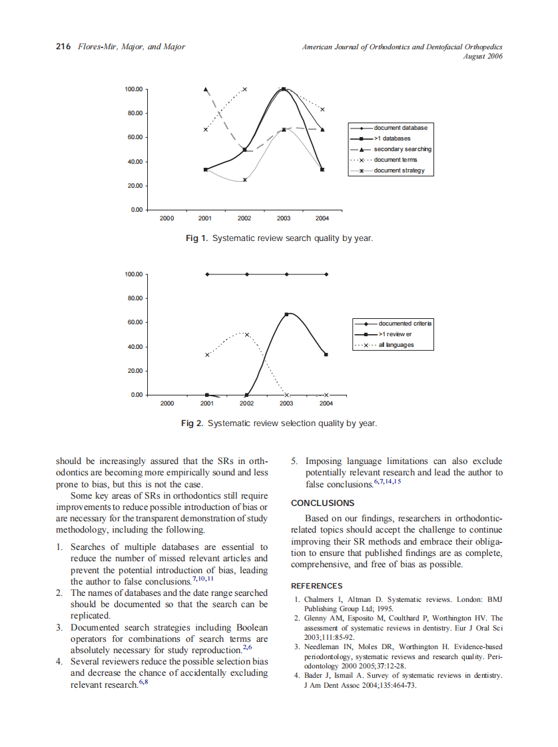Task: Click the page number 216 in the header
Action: pos(63,47)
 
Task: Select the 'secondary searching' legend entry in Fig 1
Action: pos(402,149)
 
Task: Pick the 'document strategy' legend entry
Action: pos(399,170)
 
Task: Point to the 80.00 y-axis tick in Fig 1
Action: pos(133,113)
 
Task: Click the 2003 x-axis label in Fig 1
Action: pos(284,218)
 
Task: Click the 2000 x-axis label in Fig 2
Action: pos(167,403)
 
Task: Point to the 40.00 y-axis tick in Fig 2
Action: pos(133,347)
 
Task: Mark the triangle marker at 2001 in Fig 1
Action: pos(206,89)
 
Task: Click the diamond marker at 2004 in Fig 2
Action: pos(326,274)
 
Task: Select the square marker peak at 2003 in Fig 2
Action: pos(286,314)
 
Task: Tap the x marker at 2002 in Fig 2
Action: pos(246,334)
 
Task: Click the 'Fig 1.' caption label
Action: pos(197,238)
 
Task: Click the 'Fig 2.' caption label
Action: pos(192,423)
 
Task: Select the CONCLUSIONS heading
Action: pos(322,503)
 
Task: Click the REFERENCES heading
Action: pos(317,586)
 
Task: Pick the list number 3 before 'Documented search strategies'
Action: pos(59,627)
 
